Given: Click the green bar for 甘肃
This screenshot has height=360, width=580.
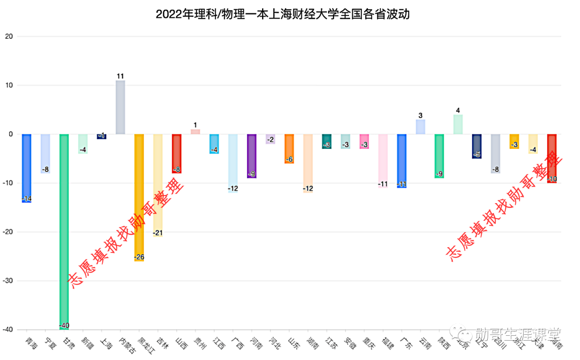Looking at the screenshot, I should pyautogui.click(x=64, y=231).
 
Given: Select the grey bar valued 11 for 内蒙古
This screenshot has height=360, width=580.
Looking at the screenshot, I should pyautogui.click(x=120, y=107).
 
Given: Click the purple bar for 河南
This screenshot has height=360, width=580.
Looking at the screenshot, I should pyautogui.click(x=251, y=156).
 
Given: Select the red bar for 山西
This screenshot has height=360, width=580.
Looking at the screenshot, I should pyautogui.click(x=177, y=153).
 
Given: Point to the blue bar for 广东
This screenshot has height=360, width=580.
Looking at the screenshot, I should pyautogui.click(x=402, y=161).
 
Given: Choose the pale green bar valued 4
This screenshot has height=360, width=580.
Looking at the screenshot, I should pyautogui.click(x=458, y=124).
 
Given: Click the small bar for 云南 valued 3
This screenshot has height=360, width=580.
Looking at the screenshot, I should pyautogui.click(x=421, y=127).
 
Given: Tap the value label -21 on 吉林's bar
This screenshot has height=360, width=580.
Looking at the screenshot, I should pyautogui.click(x=158, y=233).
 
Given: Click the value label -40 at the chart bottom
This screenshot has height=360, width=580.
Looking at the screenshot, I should pyautogui.click(x=64, y=326).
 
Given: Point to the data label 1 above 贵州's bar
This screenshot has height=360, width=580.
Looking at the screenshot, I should pyautogui.click(x=195, y=125).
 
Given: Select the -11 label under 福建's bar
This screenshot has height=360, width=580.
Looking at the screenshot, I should pyautogui.click(x=383, y=184).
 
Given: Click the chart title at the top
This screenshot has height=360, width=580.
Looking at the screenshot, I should pyautogui.click(x=282, y=14).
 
